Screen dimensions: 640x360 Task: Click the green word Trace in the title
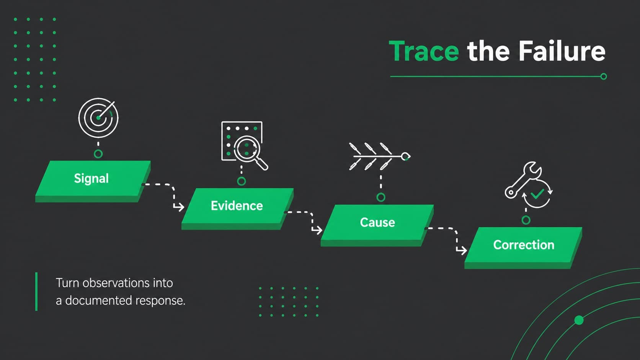(424, 51)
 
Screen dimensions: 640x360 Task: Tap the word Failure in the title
(562, 51)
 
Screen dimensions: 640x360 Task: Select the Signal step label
(91, 178)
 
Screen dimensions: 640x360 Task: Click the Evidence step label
(237, 205)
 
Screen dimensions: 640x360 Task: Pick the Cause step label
(377, 222)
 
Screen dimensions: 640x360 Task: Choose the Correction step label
(524, 245)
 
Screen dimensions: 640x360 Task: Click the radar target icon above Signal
(98, 118)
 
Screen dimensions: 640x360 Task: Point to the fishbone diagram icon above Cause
(380, 156)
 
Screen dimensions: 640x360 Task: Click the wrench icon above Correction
(523, 179)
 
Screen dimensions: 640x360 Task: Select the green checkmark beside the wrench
(537, 194)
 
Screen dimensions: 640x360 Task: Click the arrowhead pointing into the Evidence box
(179, 207)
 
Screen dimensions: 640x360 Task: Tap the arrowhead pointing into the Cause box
(317, 230)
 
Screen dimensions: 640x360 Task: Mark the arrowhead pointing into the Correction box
(462, 250)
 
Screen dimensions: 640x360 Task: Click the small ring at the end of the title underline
(603, 77)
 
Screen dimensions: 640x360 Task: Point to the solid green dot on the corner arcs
(579, 320)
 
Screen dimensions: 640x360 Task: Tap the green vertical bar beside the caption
(36, 292)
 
